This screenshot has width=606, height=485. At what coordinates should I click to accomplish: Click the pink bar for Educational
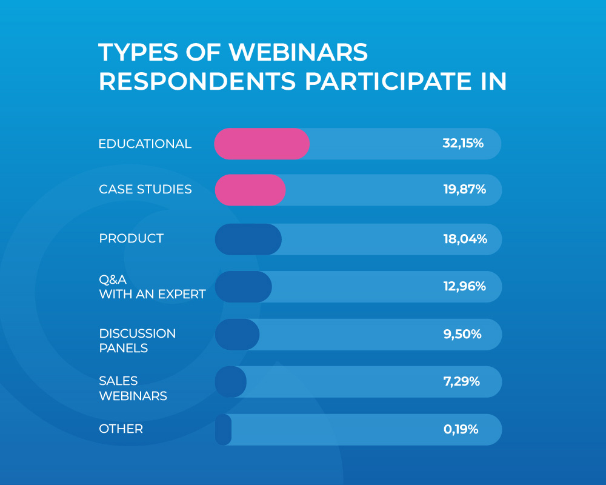pos(262,144)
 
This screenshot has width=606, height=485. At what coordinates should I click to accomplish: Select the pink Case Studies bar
pos(250,189)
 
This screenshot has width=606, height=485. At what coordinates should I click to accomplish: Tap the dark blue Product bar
pos(248,239)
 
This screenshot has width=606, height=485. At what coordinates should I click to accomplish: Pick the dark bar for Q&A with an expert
pos(243,287)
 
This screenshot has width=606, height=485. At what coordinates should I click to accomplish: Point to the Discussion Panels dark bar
pos(237,334)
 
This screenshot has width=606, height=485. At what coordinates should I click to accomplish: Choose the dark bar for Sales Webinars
pos(230,381)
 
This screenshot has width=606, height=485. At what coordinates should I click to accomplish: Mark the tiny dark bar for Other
pos(224,429)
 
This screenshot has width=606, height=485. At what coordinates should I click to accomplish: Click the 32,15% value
pos(463,144)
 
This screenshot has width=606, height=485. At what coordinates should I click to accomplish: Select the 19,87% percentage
pos(464,189)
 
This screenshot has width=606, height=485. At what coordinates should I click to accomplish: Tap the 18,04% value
pos(465,239)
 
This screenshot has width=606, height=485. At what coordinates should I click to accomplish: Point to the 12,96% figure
pos(464,286)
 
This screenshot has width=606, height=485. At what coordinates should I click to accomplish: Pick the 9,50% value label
pos(462,334)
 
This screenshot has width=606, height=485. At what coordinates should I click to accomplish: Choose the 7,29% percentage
pos(461,381)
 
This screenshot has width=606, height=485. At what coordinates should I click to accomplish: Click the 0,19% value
pos(461,429)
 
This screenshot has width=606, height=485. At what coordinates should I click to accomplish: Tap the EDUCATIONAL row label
pos(145,144)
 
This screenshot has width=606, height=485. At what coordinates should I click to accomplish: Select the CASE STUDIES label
pos(145,189)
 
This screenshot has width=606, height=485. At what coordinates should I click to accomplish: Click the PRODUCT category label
pos(131,238)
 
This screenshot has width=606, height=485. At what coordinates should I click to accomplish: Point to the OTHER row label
pos(121,429)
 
